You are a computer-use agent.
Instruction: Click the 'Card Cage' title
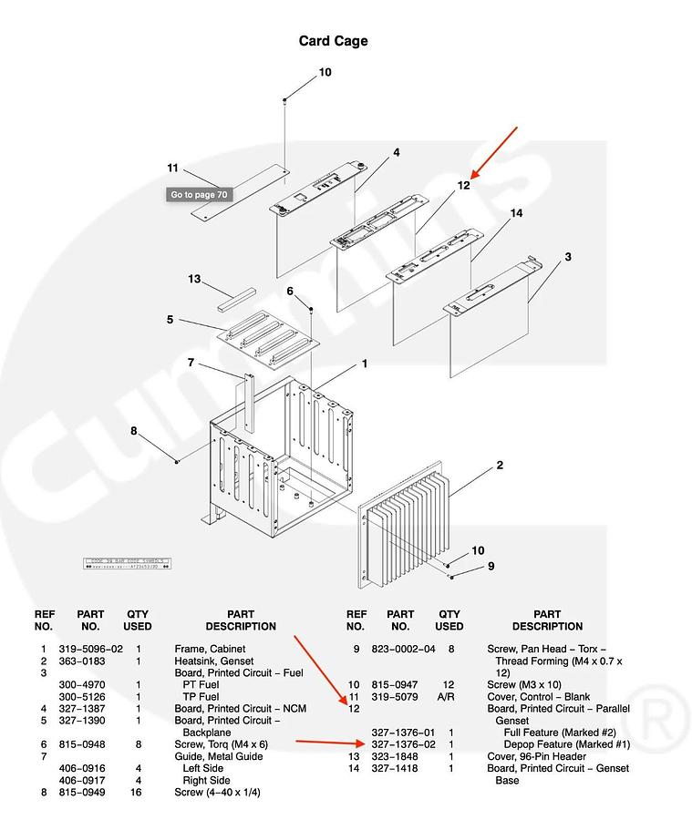pyautogui.click(x=333, y=41)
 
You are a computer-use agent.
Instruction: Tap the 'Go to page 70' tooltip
pyautogui.click(x=198, y=194)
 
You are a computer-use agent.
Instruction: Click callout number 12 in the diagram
pyautogui.click(x=463, y=185)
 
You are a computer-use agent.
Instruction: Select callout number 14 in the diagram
pyautogui.click(x=516, y=213)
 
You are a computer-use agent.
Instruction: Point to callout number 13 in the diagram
pyautogui.click(x=193, y=279)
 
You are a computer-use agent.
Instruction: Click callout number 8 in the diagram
pyautogui.click(x=133, y=431)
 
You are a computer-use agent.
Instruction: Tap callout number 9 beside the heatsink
pyautogui.click(x=491, y=566)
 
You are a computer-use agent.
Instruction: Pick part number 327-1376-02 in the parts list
pyautogui.click(x=400, y=744)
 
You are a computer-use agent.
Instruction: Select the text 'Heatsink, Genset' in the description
pyautogui.click(x=213, y=661)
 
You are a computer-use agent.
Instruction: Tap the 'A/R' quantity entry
pyautogui.click(x=449, y=697)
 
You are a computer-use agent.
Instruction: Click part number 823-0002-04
pyautogui.click(x=400, y=649)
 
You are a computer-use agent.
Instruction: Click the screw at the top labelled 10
pyautogui.click(x=285, y=98)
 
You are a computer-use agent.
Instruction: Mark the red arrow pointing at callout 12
pyautogui.click(x=494, y=150)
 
